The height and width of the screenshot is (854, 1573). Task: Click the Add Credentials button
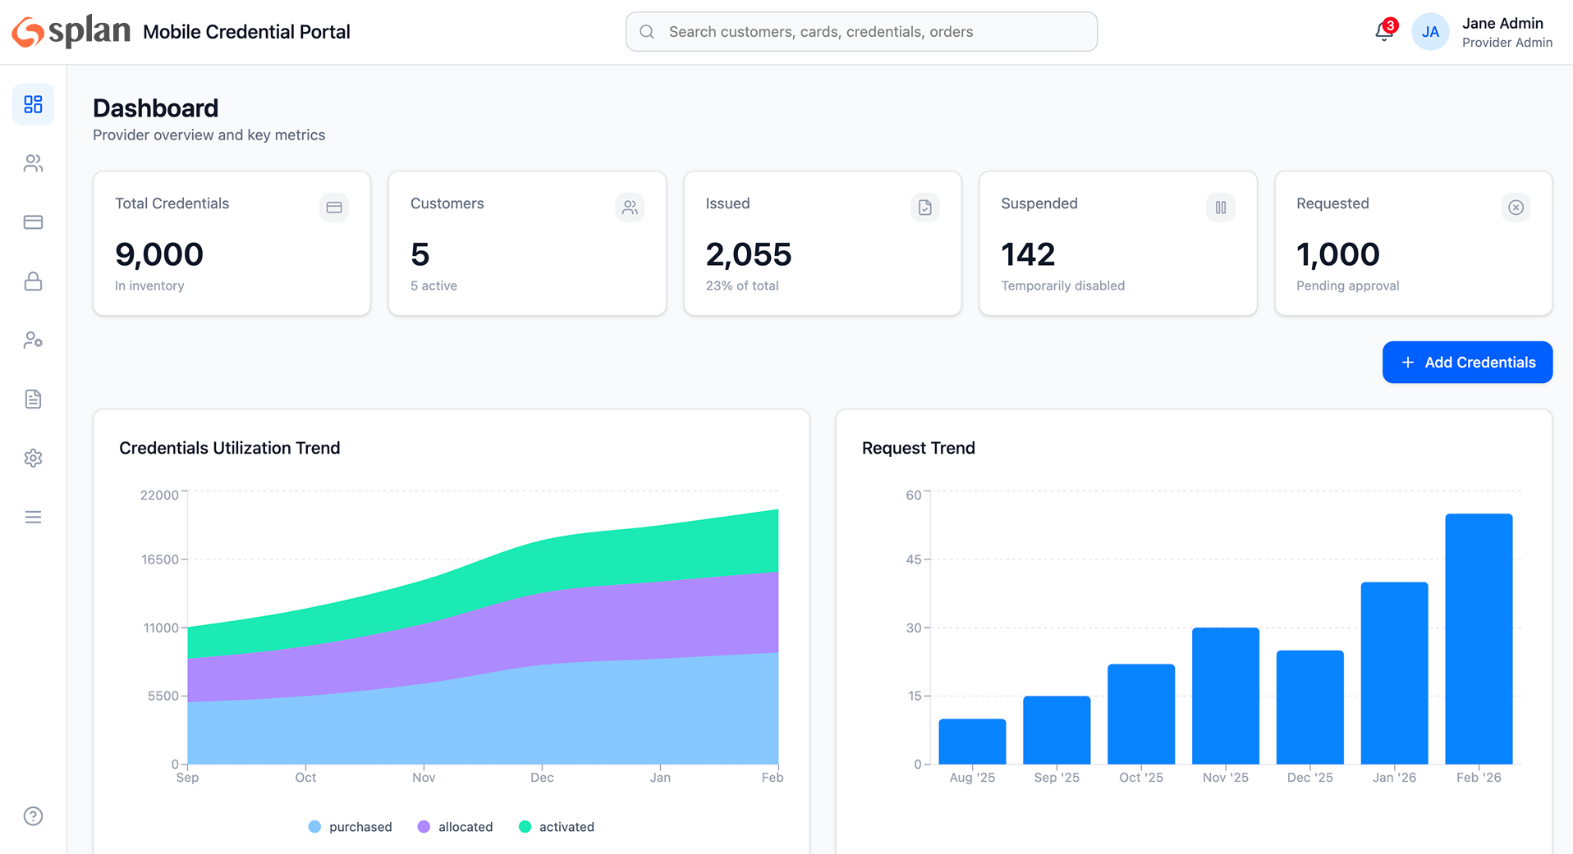[x=1467, y=363]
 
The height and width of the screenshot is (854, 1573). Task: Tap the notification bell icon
[x=1383, y=32]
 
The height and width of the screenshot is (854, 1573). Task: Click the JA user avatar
[x=1430, y=32]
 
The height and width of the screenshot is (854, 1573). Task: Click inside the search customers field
[x=862, y=32]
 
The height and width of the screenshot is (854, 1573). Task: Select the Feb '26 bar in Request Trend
[x=1479, y=640]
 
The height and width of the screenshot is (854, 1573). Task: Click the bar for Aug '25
[x=972, y=742]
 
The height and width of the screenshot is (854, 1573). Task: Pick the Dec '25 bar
[x=1309, y=707]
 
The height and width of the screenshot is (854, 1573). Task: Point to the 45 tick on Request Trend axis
[x=913, y=559]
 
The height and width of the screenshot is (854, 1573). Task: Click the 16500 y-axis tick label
[x=160, y=559]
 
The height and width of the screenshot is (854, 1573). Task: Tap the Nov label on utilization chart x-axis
[x=424, y=778]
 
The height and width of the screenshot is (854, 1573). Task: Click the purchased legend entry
[x=351, y=827]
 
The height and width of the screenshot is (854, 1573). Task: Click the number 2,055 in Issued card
[x=748, y=254]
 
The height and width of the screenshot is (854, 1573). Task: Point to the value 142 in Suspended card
[x=1028, y=254]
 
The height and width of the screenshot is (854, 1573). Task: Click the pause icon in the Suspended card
[x=1220, y=208]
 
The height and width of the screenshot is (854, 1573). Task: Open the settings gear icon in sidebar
[x=33, y=458]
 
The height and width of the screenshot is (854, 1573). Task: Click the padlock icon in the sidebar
[x=33, y=281]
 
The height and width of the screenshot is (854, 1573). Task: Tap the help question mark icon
[x=33, y=816]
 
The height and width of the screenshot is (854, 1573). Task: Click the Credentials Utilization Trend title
[x=229, y=448]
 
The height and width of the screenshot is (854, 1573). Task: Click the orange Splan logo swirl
[x=28, y=32]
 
